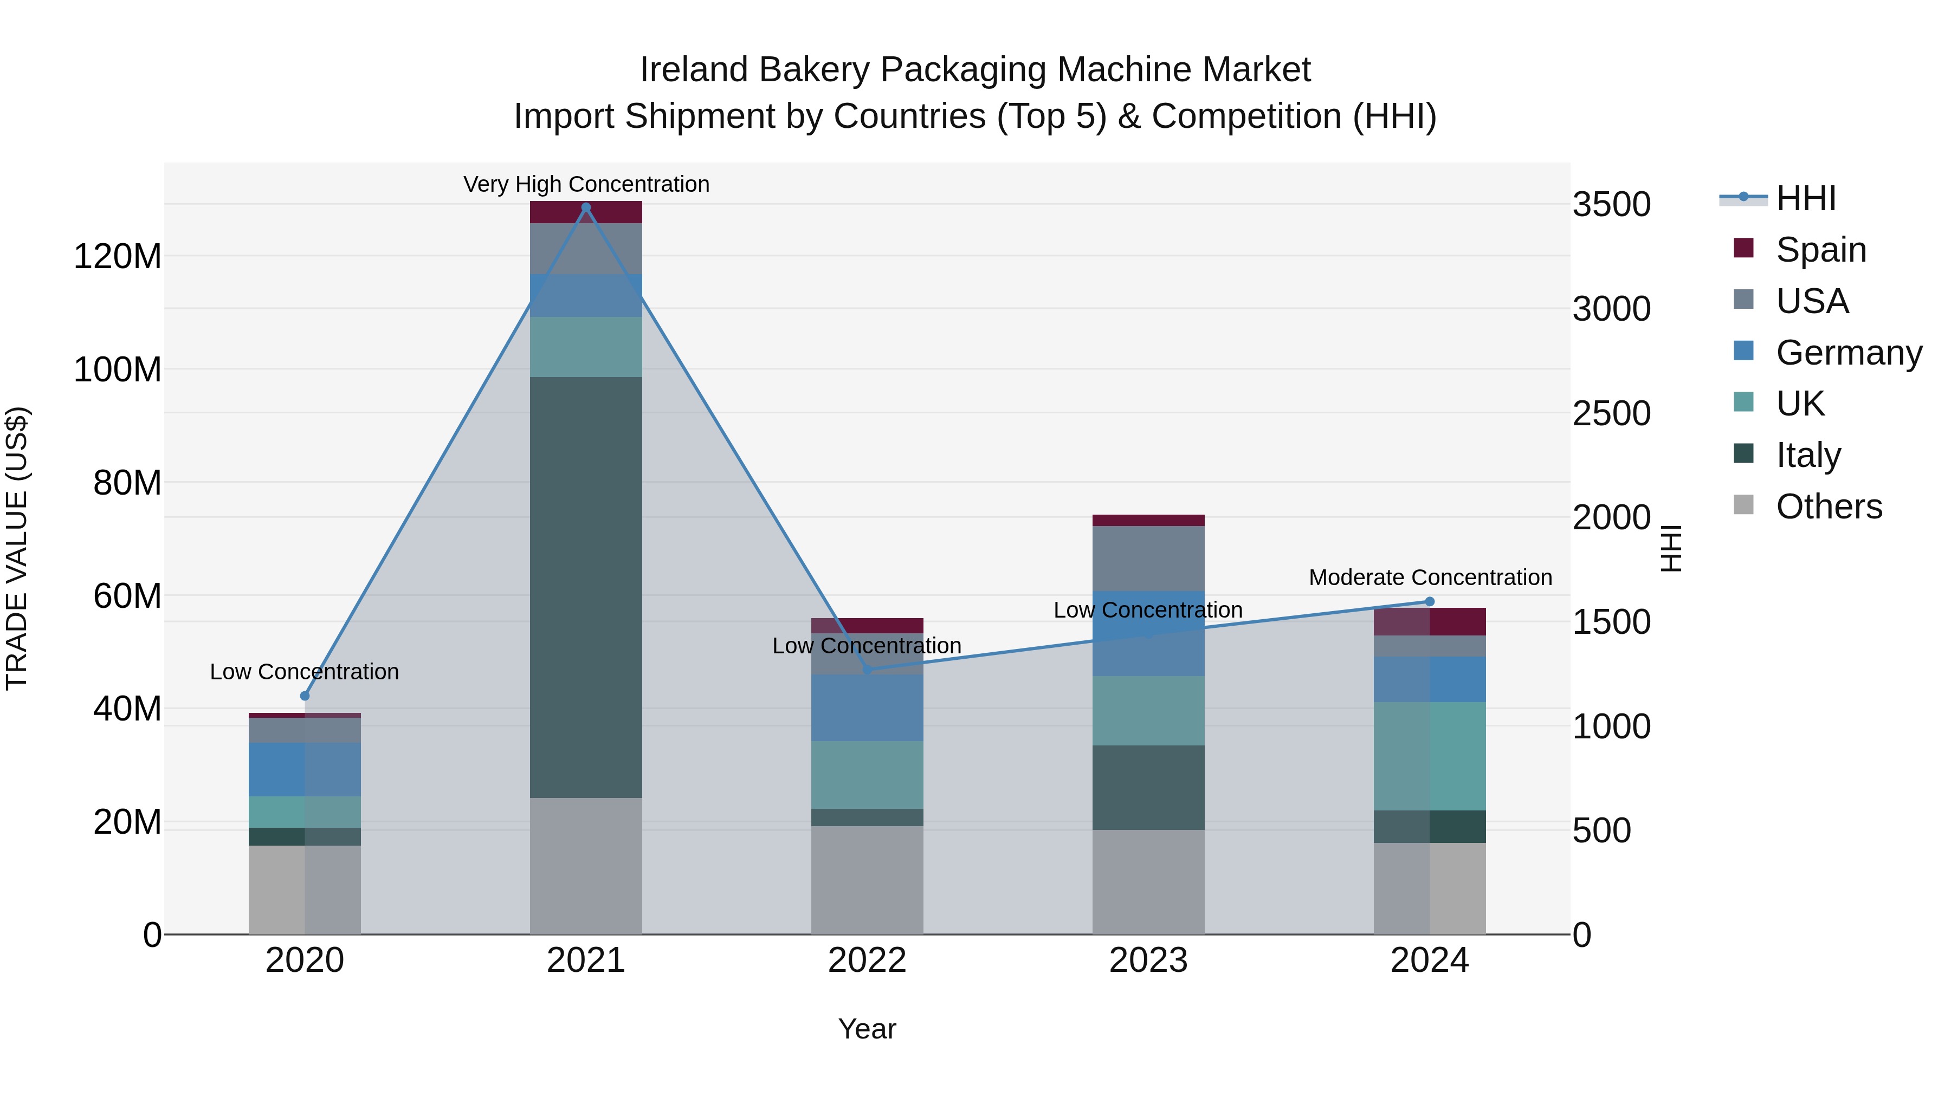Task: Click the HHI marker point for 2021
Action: point(585,207)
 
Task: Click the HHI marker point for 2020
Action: point(305,696)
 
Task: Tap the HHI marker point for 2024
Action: point(1429,602)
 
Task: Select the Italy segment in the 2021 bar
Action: point(585,587)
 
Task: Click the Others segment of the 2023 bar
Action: point(1148,881)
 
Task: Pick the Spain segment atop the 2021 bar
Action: point(585,212)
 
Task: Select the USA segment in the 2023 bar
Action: point(1148,558)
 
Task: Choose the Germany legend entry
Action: point(1848,353)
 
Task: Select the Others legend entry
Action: point(1829,507)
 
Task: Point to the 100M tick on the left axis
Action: point(118,369)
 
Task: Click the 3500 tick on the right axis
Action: point(1611,204)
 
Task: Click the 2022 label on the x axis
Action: point(867,960)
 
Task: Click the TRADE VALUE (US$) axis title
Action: point(17,548)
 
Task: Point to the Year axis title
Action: point(867,1029)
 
